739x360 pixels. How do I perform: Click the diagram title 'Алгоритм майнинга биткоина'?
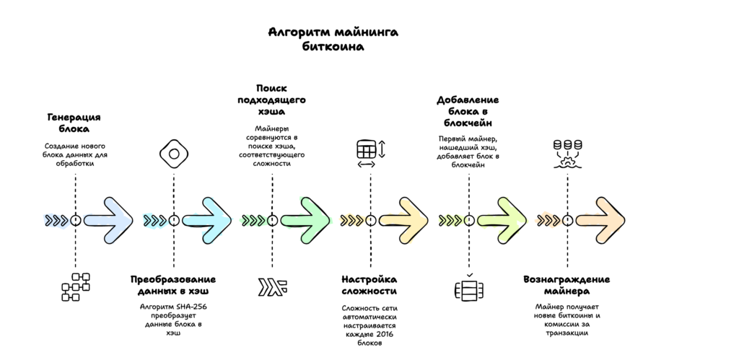[x=333, y=39]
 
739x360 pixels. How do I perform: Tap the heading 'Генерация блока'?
[x=74, y=123]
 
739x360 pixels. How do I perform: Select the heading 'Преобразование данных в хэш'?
[x=173, y=285]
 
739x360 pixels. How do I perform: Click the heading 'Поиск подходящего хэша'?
[x=272, y=100]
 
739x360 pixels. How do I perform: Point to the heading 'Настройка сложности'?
[x=369, y=285]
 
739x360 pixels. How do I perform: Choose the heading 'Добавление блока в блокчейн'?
[x=468, y=111]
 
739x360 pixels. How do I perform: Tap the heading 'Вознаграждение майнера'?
[x=567, y=285]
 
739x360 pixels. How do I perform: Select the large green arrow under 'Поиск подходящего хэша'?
[x=306, y=220]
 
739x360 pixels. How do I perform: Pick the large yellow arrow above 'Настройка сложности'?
[x=404, y=220]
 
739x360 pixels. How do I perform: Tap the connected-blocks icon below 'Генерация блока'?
[x=75, y=286]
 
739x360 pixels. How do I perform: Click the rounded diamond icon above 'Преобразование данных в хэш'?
[x=173, y=154]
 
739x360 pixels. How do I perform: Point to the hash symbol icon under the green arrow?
[x=272, y=286]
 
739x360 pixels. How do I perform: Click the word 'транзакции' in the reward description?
[x=567, y=333]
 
